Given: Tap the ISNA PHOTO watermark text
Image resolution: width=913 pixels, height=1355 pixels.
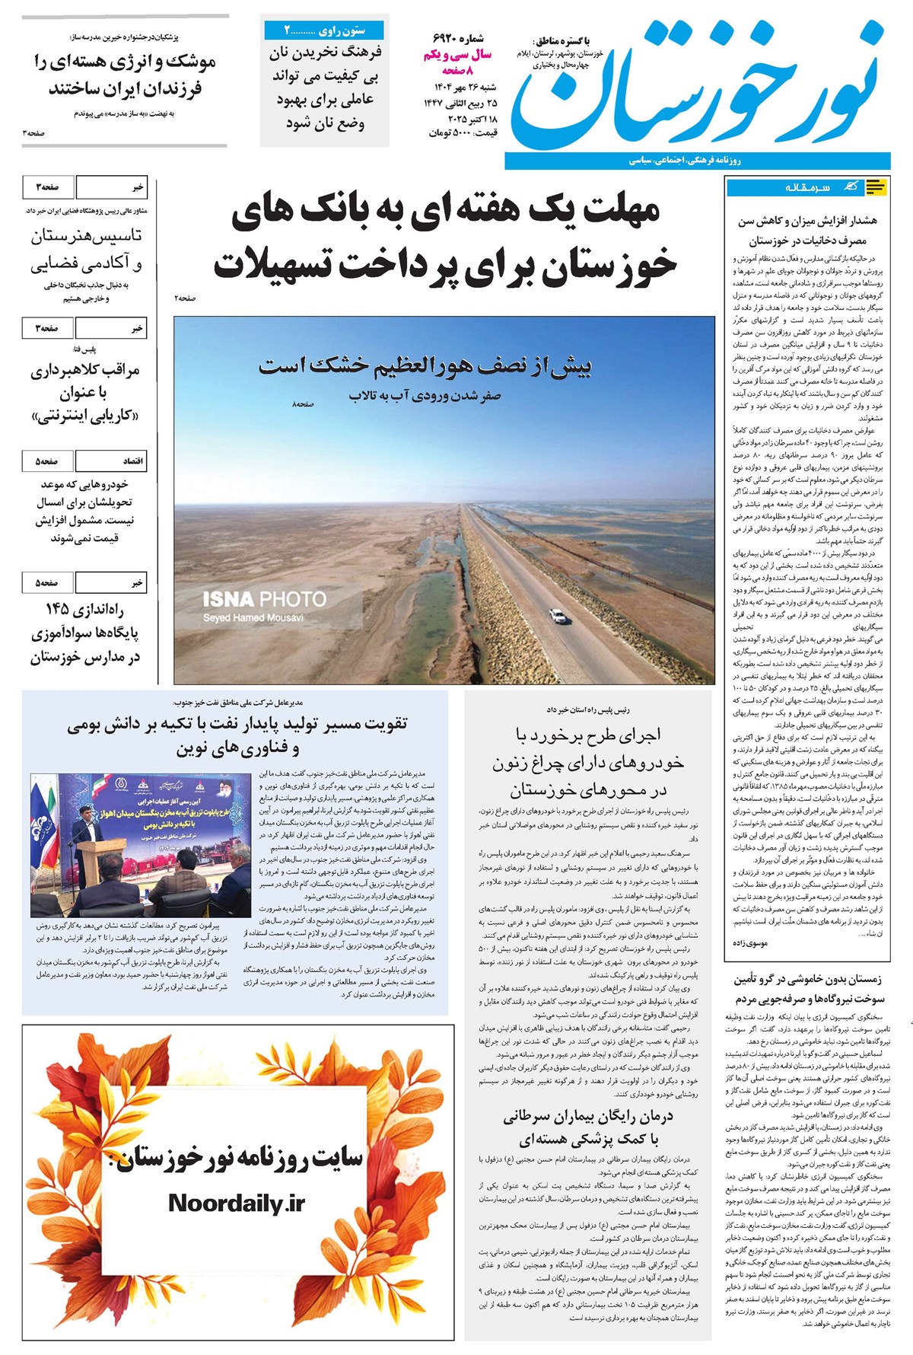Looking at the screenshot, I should click(264, 599).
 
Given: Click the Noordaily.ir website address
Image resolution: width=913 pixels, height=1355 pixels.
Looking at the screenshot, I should click(236, 1203).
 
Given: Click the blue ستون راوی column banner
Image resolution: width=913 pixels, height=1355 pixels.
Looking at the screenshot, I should click(325, 30).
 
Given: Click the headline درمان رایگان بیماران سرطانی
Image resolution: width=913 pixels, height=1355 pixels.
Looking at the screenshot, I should click(587, 1117).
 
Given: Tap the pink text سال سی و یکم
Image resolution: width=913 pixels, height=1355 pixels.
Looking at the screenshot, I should click(458, 55).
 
